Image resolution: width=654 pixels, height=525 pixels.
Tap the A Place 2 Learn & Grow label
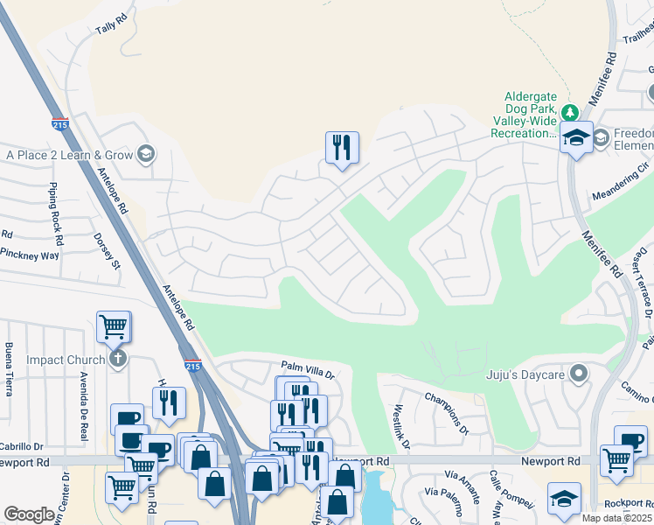point(69,155)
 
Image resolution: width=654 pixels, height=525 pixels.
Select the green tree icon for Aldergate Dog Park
point(570,112)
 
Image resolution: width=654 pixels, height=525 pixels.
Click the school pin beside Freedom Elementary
point(576,138)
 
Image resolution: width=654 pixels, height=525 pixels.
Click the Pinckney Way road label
point(29,255)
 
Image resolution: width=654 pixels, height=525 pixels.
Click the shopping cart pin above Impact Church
point(114,328)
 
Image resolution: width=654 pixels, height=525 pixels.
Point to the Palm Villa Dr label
point(308,370)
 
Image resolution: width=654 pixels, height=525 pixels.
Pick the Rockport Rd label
point(626,503)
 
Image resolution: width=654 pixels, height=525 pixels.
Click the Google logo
point(29,514)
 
